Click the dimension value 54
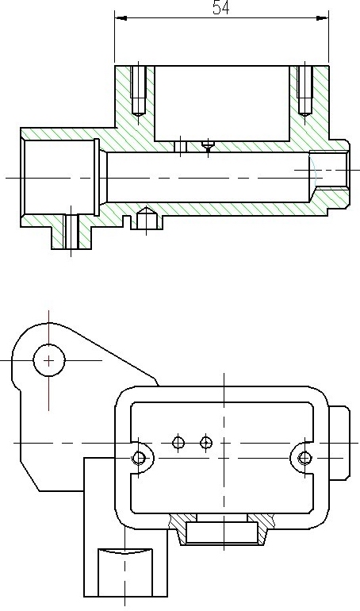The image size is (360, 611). pos(221,8)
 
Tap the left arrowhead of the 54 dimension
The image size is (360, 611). pos(121,18)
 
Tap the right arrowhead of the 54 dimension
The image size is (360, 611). pos(323,18)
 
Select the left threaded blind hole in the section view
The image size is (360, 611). pos(138,90)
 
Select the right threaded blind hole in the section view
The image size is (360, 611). pos(305,90)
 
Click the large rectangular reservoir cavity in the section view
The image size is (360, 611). pos(222,103)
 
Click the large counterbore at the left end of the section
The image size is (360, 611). pos(59,177)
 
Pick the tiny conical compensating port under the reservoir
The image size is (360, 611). pos(208,146)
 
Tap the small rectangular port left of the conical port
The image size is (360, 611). pos(180,147)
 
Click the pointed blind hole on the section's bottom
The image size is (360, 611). pos(146,218)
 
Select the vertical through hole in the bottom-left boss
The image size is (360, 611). pos(71,232)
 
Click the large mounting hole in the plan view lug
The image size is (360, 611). pos(48,360)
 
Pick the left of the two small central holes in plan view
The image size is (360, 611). pos(178,443)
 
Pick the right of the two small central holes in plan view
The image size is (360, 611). pos(206,443)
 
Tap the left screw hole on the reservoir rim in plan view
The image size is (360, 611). pos(139,458)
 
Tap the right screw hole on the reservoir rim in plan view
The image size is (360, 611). pos(304,458)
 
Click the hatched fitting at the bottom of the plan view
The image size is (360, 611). pos(222,529)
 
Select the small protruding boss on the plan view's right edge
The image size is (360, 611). pos(339,443)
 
